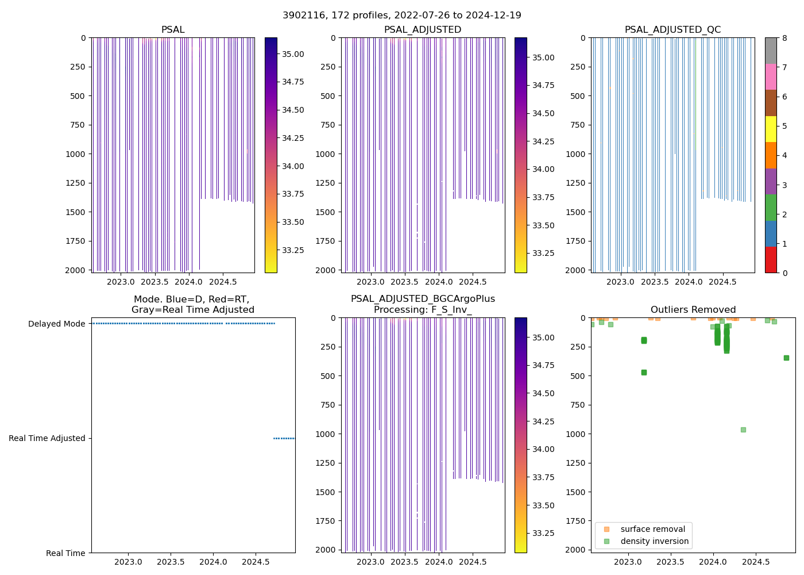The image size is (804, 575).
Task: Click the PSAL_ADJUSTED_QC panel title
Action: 672,30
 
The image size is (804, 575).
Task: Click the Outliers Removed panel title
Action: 693,310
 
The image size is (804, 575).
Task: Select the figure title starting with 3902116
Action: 401,16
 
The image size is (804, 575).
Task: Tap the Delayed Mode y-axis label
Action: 57,324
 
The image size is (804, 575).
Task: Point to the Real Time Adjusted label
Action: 47,438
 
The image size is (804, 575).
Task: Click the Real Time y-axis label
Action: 65,553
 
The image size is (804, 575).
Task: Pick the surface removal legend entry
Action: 652,529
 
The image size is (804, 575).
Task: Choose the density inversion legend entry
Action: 654,541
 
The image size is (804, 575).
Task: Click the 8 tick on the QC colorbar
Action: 784,38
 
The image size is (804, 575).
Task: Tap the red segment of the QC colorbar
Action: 771,260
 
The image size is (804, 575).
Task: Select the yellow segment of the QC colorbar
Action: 771,129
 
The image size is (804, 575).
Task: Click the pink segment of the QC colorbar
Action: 771,76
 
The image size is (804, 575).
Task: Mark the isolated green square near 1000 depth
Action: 743,430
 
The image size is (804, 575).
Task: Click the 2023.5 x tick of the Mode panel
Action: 171,561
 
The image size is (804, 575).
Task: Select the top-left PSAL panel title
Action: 173,30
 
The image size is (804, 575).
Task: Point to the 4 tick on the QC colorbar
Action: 784,155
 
